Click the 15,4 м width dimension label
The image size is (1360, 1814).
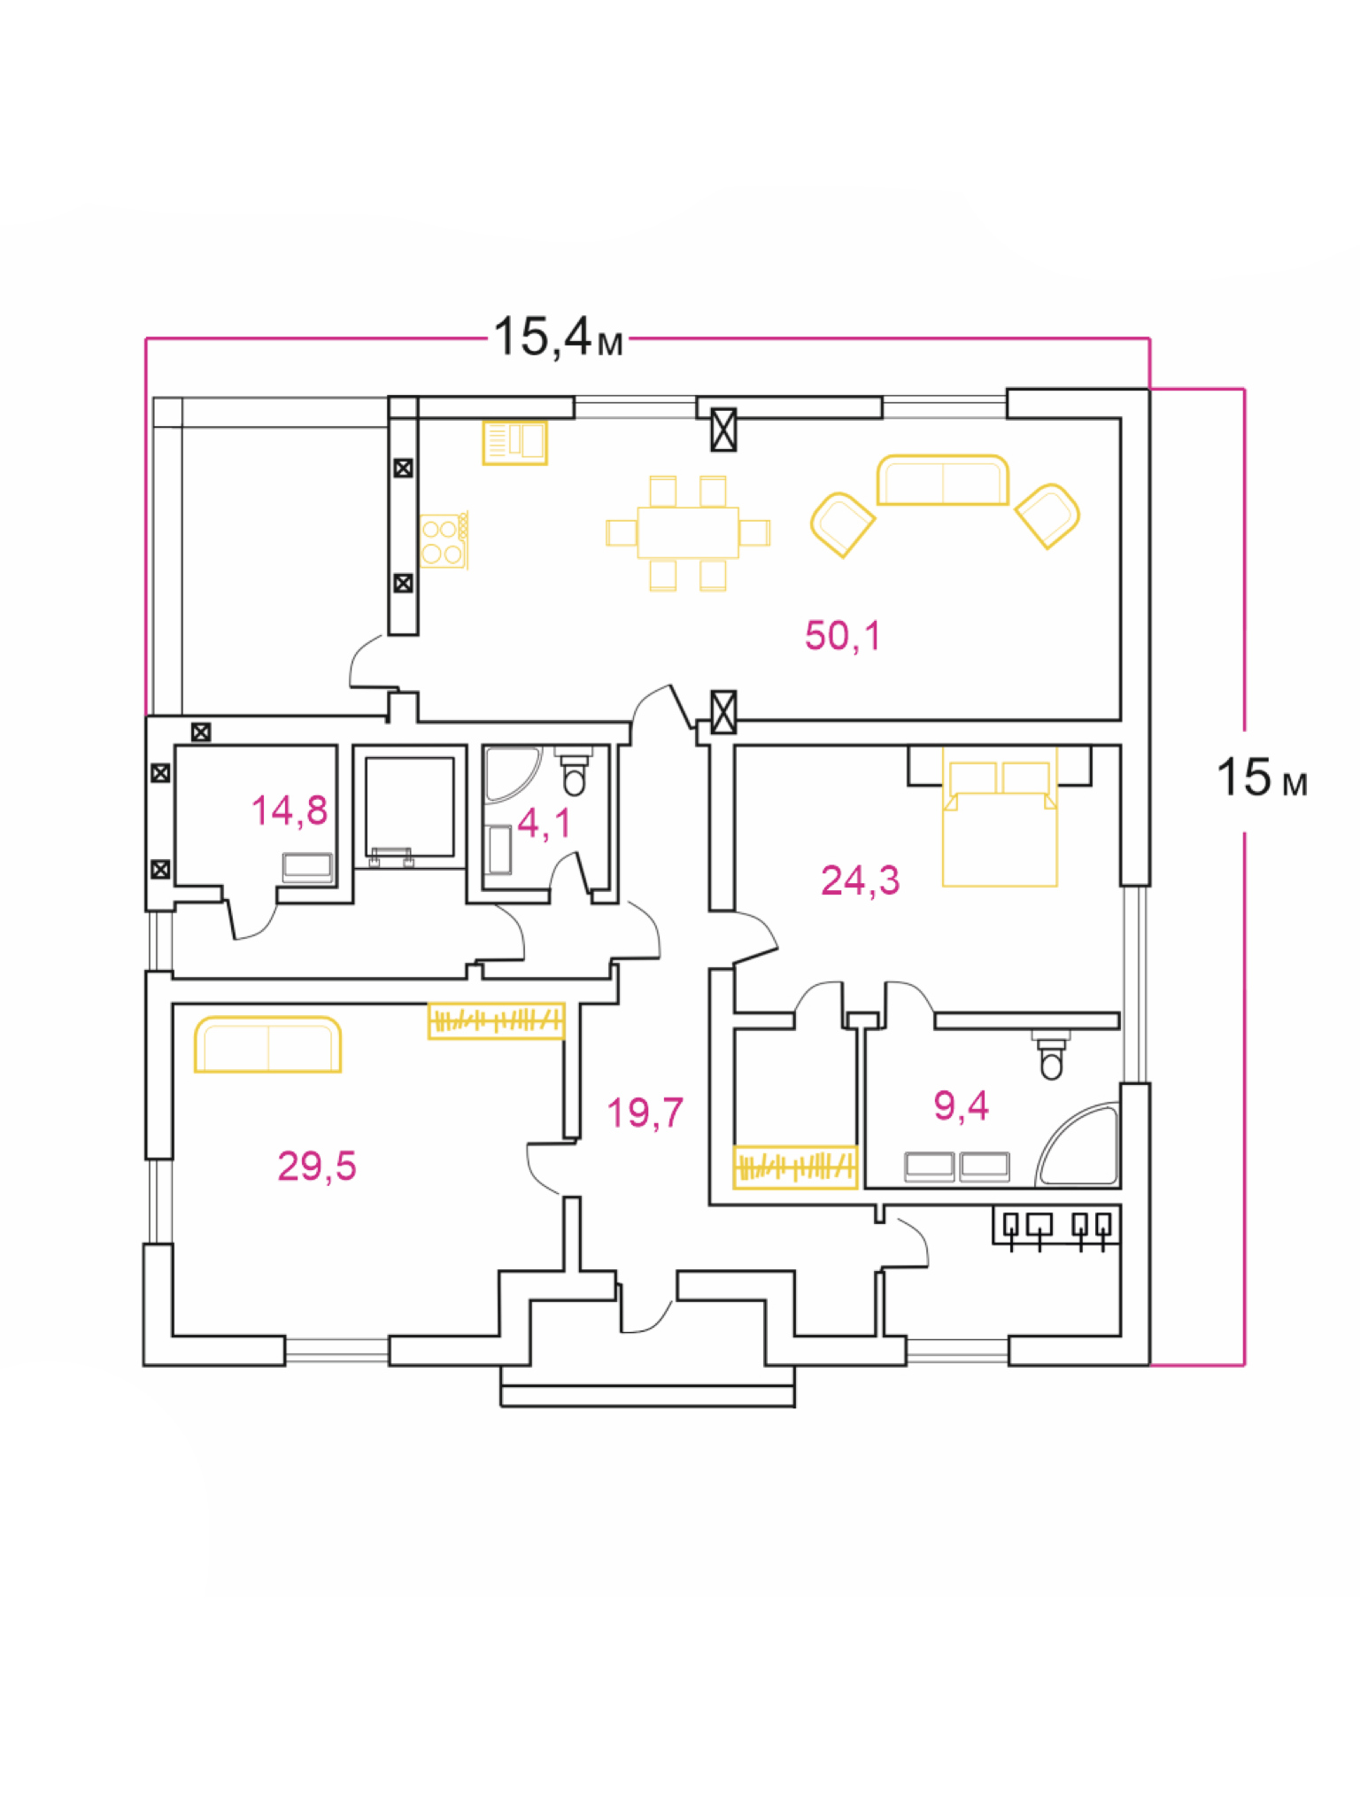tap(558, 337)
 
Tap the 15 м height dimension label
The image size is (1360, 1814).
tap(1261, 779)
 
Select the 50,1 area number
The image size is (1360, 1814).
tap(842, 636)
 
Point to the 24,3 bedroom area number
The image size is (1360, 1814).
tap(860, 880)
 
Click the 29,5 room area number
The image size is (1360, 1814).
tap(316, 1167)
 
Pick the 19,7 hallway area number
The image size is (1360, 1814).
tap(645, 1112)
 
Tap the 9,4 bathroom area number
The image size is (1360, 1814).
tap(961, 1105)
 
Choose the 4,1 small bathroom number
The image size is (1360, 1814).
tap(544, 823)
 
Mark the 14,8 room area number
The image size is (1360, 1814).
tap(289, 810)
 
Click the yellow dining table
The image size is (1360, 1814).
tap(688, 532)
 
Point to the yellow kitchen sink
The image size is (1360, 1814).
tap(514, 442)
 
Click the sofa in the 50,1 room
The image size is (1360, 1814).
tap(942, 481)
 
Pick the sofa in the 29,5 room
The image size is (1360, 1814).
tap(267, 1045)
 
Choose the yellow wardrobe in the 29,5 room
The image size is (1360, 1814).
tap(496, 1020)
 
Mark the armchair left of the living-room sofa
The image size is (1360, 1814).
tap(841, 524)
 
